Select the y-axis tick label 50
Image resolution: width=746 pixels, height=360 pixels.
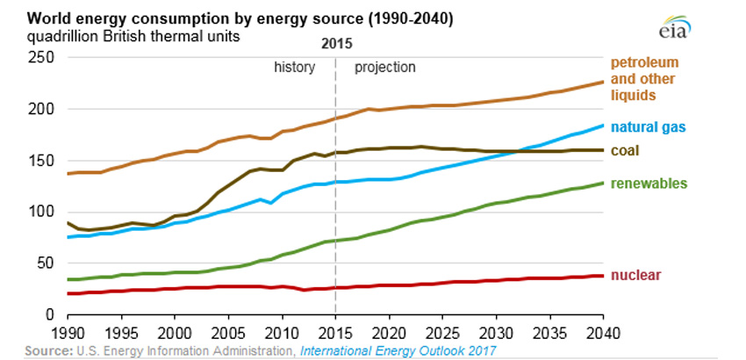(47, 263)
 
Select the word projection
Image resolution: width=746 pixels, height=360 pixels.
(384, 67)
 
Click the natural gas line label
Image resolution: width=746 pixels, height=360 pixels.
(648, 127)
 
